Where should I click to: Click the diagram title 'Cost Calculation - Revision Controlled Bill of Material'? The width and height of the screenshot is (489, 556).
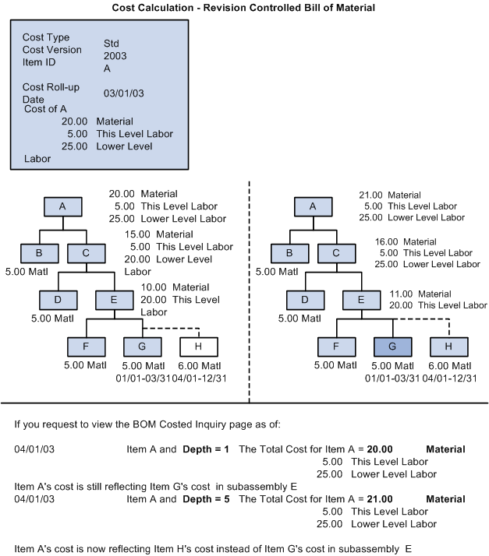click(244, 8)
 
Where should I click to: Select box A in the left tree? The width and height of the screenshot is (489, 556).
click(63, 206)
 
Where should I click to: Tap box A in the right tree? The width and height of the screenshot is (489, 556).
click(313, 206)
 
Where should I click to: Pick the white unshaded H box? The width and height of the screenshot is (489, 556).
click(200, 347)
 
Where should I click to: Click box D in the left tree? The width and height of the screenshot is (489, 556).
click(59, 300)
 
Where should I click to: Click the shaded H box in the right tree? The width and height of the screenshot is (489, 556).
click(449, 347)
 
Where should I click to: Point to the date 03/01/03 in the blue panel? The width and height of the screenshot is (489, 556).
click(123, 93)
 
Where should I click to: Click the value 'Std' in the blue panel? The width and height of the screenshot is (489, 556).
click(112, 44)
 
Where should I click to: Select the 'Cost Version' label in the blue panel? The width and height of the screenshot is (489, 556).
click(51, 49)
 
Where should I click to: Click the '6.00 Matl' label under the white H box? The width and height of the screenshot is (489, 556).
click(200, 366)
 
